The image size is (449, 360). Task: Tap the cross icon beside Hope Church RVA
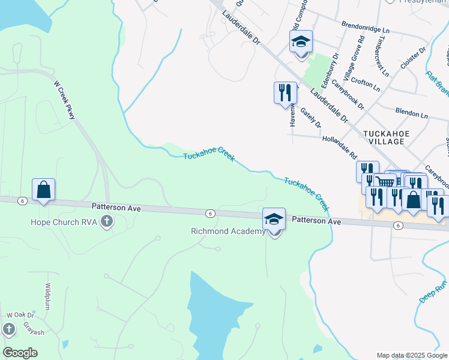(107, 223)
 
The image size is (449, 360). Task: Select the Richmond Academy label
(228, 231)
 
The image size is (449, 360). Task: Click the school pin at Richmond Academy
(274, 220)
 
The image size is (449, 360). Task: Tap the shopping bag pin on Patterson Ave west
(44, 190)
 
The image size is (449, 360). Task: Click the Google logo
(20, 352)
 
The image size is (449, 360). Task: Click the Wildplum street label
(47, 295)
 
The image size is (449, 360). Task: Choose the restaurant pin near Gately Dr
(285, 92)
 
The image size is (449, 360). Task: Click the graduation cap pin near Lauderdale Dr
(301, 41)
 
